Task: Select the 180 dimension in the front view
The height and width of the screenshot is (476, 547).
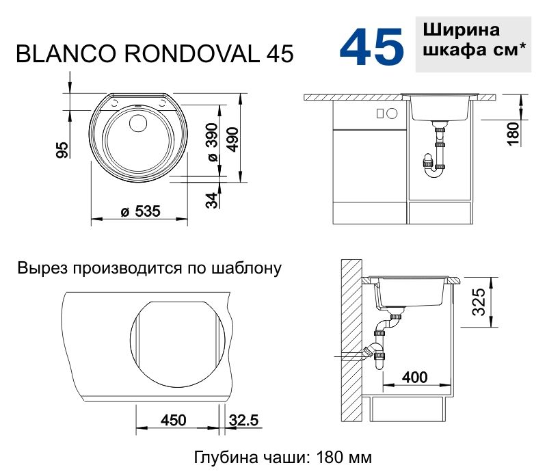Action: click(514, 131)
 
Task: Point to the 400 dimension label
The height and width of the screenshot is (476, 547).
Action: click(414, 378)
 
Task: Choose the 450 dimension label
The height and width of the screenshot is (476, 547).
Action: click(174, 420)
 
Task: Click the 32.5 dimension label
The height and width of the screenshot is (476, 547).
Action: click(243, 420)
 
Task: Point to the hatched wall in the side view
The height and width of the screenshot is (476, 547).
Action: click(351, 342)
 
